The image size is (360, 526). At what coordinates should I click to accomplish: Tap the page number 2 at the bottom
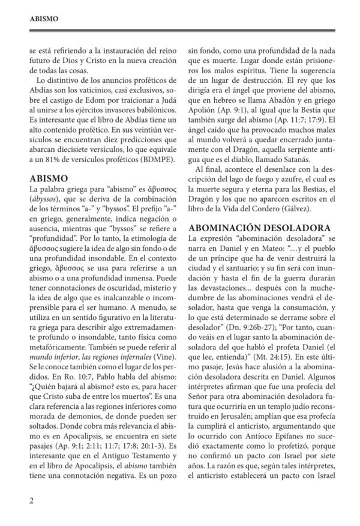click(x=31, y=500)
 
